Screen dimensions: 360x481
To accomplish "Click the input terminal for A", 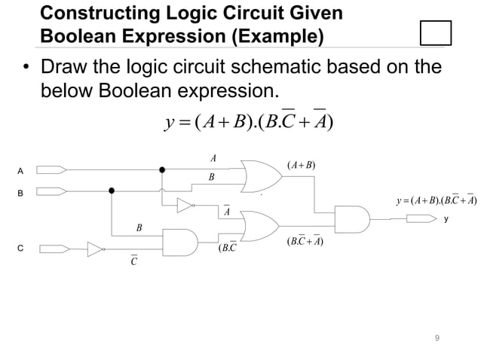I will [51, 169].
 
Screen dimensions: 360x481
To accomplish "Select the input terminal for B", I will [51, 191].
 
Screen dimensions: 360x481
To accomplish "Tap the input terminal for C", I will [51, 248].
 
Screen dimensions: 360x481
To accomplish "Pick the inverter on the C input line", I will [96, 248].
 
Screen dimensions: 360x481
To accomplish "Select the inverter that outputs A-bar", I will [185, 205].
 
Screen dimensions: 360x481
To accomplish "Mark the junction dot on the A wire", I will [161, 169].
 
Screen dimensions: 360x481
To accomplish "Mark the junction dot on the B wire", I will [112, 191].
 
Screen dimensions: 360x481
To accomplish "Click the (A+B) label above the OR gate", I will [301, 166].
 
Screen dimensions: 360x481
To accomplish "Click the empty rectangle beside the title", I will [434, 34].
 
